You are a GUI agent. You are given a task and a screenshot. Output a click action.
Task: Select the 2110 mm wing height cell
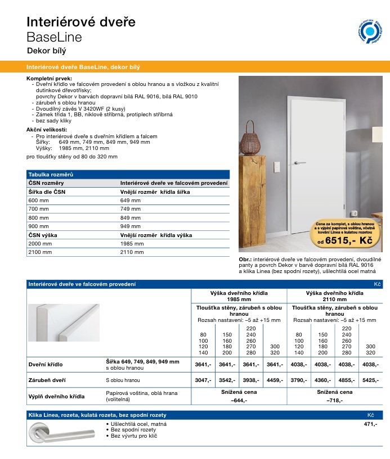click(x=132, y=252)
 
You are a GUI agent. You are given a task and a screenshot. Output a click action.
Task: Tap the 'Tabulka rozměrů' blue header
click(x=52, y=175)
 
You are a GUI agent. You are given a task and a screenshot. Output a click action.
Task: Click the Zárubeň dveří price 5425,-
click(x=370, y=380)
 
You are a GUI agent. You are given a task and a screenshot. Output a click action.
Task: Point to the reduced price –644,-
click(x=239, y=401)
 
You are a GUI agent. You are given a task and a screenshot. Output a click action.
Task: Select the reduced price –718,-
click(x=334, y=401)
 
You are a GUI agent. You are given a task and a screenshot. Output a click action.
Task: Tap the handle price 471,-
click(x=371, y=424)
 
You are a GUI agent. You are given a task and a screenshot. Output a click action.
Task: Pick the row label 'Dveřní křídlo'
click(x=46, y=365)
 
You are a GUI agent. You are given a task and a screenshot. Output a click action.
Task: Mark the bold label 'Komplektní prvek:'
click(x=50, y=78)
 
